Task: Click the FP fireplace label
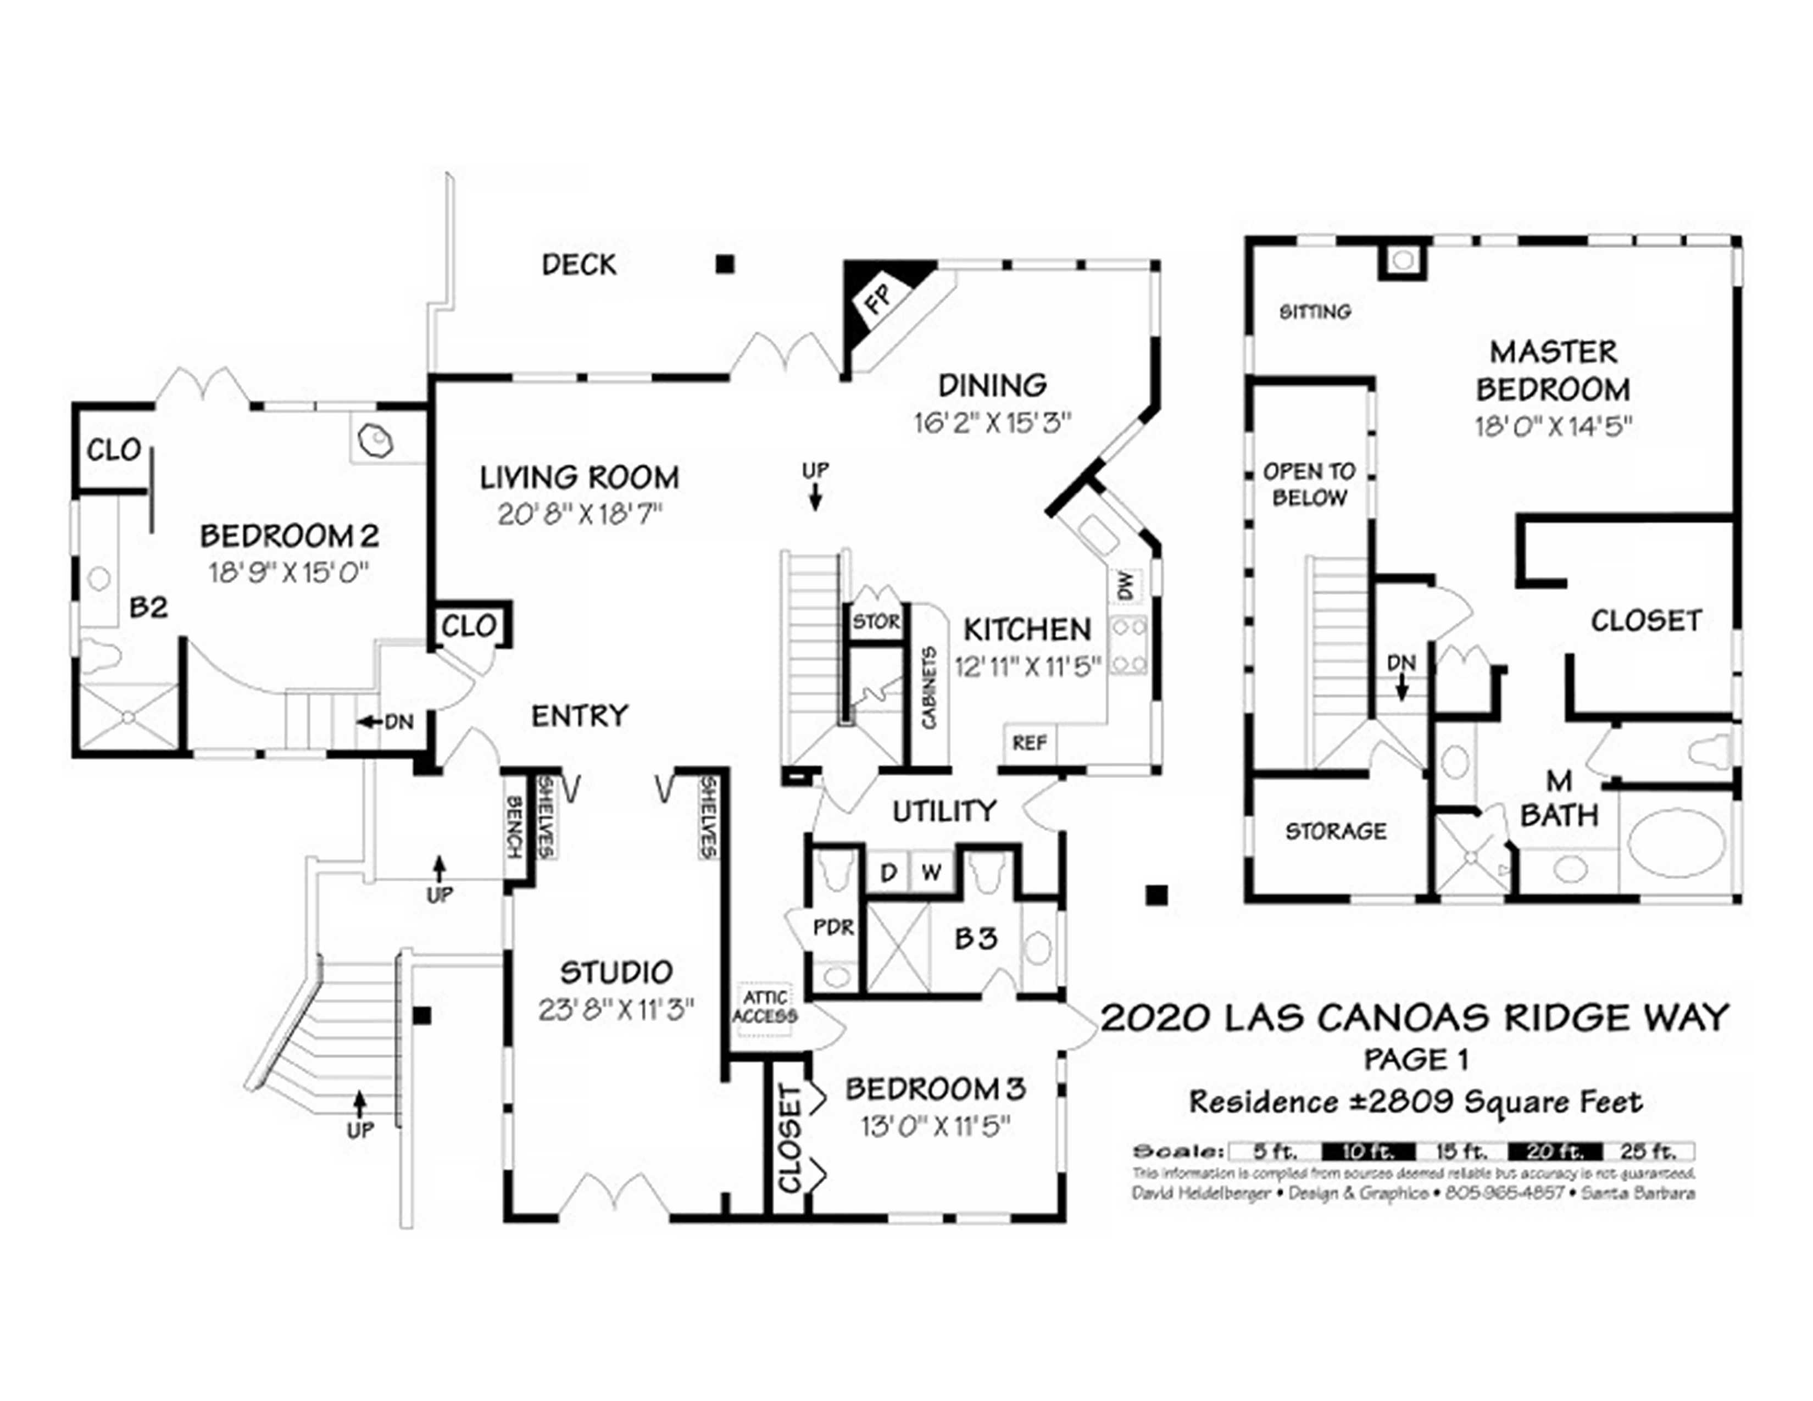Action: click(878, 298)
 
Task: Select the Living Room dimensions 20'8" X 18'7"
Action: click(580, 515)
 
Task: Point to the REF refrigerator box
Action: click(1030, 743)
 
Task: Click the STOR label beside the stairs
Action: click(876, 621)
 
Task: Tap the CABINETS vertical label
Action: click(929, 688)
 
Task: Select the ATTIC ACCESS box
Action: click(765, 1007)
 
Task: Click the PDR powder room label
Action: click(833, 927)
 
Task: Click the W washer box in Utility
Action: click(931, 872)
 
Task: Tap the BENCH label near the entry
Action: click(514, 827)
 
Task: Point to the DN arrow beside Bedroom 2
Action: click(386, 722)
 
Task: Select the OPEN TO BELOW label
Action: click(1309, 485)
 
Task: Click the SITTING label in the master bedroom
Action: click(1315, 312)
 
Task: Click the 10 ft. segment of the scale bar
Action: click(1368, 1151)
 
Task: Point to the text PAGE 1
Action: click(1416, 1059)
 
